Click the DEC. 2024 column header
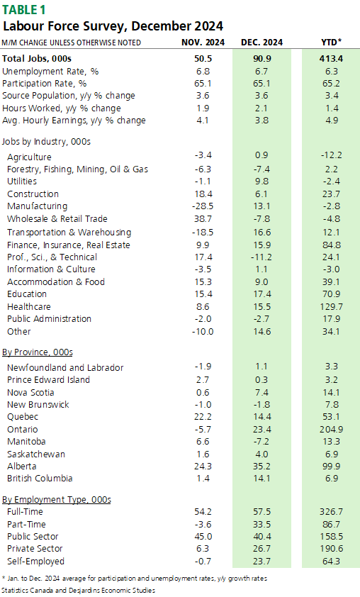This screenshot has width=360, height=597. pyautogui.click(x=261, y=43)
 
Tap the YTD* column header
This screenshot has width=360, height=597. pyautogui.click(x=331, y=43)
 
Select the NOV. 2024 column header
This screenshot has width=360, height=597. pyautogui.click(x=203, y=43)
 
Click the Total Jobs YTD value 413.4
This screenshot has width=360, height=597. pyautogui.click(x=331, y=59)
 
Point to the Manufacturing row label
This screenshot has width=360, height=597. pyautogui.click(x=38, y=206)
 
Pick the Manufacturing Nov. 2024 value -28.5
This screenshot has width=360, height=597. pyautogui.click(x=203, y=206)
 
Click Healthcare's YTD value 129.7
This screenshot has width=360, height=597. pyautogui.click(x=331, y=307)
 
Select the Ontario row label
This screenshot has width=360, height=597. pyautogui.click(x=23, y=430)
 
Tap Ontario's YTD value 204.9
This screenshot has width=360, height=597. pyautogui.click(x=331, y=430)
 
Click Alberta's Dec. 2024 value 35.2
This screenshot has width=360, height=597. pyautogui.click(x=261, y=467)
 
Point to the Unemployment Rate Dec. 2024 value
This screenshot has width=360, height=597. pyautogui.click(x=261, y=72)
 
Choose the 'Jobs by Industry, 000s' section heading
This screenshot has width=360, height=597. pyautogui.click(x=46, y=142)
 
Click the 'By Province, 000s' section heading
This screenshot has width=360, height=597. pyautogui.click(x=38, y=352)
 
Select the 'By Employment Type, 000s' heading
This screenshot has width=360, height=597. pyautogui.click(x=56, y=500)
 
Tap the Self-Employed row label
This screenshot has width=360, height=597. pyautogui.click(x=35, y=562)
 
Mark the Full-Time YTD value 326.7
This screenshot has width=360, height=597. pyautogui.click(x=331, y=512)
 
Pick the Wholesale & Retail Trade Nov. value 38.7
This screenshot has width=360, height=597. pyautogui.click(x=203, y=219)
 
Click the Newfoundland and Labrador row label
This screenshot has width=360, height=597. pyautogui.click(x=65, y=368)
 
